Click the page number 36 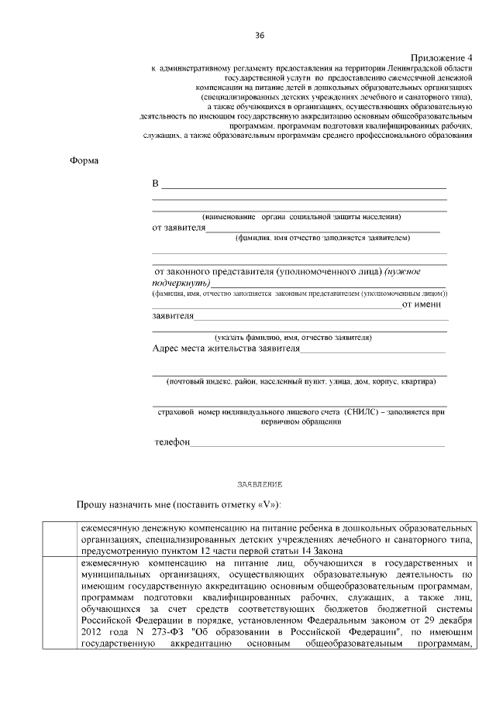pyautogui.click(x=260, y=36)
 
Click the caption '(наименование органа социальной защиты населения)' pyautogui.click(x=301, y=218)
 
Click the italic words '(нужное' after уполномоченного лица pyautogui.click(x=404, y=272)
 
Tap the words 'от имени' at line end pyautogui.click(x=425, y=304)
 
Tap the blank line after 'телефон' pyautogui.click(x=318, y=444)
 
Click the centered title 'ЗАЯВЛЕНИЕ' pyautogui.click(x=260, y=484)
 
